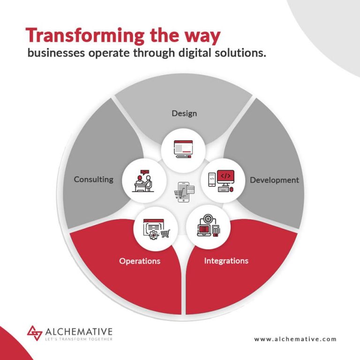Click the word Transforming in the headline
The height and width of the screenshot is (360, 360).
(x=85, y=36)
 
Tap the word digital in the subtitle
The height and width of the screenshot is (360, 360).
(x=195, y=53)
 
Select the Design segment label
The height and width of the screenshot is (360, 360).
(x=184, y=113)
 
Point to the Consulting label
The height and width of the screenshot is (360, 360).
(x=94, y=180)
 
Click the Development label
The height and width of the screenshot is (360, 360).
(x=274, y=180)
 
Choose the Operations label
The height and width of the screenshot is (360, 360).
(x=140, y=261)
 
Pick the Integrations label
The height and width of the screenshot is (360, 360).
(x=226, y=261)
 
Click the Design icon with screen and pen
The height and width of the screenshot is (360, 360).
(x=183, y=149)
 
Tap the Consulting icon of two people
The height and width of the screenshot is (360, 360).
(x=143, y=181)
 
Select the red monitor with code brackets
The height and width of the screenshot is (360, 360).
(x=225, y=177)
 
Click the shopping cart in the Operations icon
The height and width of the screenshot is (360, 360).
(x=165, y=233)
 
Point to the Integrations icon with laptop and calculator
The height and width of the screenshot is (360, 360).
(x=209, y=225)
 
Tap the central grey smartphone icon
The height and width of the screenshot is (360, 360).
(x=184, y=192)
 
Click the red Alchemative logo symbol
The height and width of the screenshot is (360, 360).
(x=34, y=333)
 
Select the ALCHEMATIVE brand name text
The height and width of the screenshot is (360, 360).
(x=79, y=332)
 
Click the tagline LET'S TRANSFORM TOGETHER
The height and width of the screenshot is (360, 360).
(x=79, y=339)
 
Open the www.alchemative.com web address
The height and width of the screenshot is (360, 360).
(x=295, y=339)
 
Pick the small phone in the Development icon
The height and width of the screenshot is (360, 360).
(x=212, y=180)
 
